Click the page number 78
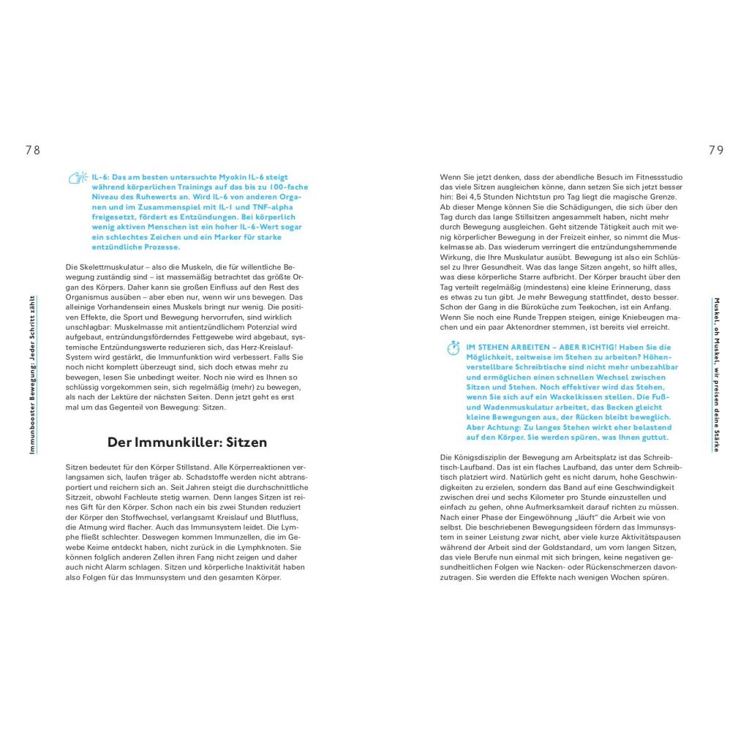32,150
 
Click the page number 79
716,150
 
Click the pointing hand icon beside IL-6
78,178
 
